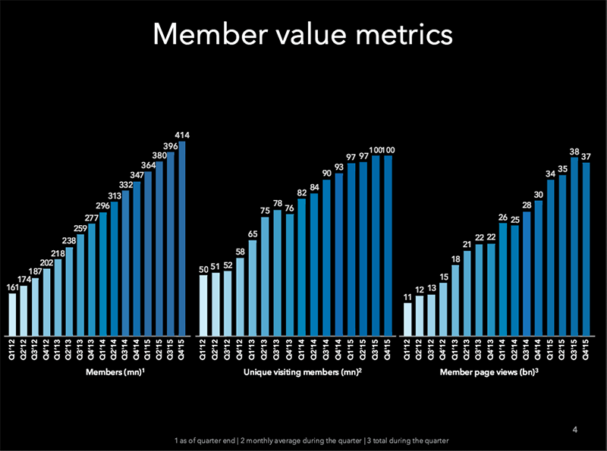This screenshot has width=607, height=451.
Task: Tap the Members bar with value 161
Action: (12, 314)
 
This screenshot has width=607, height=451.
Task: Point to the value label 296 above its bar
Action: (103, 205)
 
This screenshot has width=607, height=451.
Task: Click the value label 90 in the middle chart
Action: (327, 174)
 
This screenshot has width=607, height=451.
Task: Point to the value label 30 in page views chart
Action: (538, 195)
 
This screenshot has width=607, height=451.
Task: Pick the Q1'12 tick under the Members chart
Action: (12, 351)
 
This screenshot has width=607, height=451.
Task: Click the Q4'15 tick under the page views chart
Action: (586, 351)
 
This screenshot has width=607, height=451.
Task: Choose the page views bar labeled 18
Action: (455, 299)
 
